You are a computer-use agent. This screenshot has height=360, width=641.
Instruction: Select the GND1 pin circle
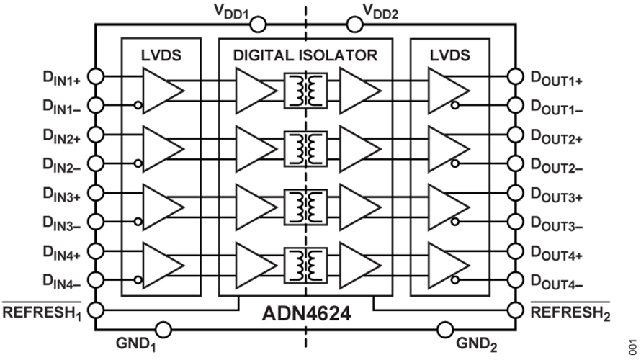point(163,330)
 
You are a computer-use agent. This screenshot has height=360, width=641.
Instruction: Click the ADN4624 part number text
point(306,315)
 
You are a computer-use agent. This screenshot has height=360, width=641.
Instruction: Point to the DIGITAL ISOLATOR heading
point(305,55)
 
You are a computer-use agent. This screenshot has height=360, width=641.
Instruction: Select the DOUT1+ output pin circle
point(514,76)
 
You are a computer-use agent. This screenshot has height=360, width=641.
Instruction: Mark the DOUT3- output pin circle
point(514,222)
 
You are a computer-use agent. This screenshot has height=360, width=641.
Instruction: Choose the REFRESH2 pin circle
point(514,310)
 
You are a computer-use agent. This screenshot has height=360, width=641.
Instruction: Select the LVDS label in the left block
point(161,55)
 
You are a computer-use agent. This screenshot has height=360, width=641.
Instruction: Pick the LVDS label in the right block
point(449,55)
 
